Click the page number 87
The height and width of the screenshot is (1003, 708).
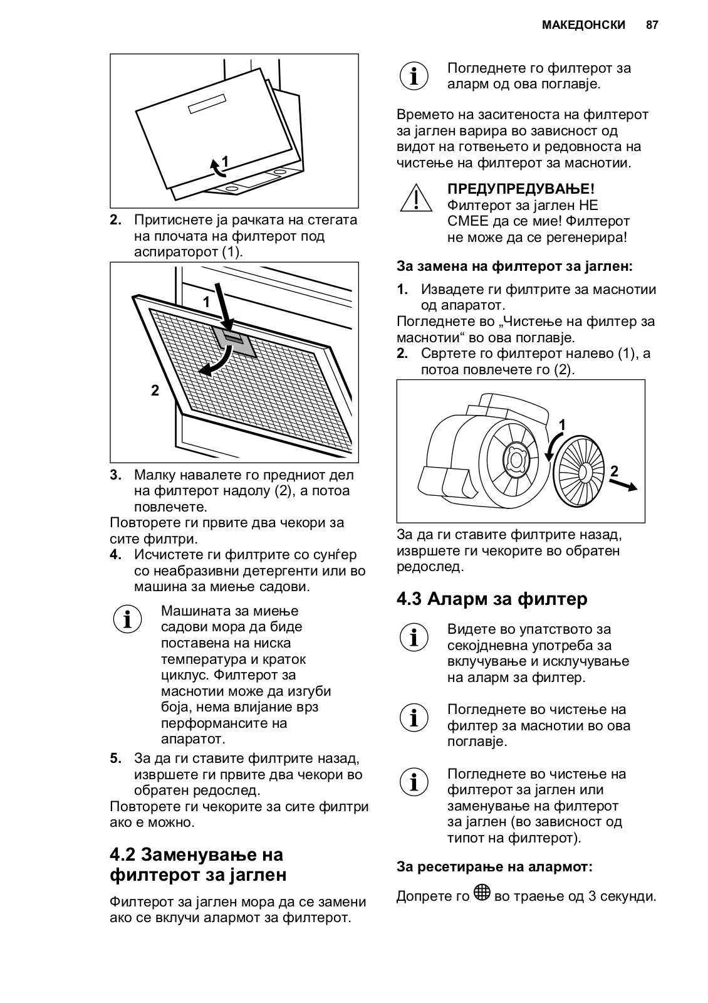pyautogui.click(x=652, y=25)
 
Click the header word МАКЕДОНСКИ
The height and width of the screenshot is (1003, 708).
pyautogui.click(x=583, y=25)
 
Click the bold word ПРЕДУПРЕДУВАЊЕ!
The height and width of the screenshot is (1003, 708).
pyautogui.click(x=521, y=189)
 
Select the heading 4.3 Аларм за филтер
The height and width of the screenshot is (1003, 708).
pyautogui.click(x=492, y=599)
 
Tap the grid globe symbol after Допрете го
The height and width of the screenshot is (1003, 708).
pyautogui.click(x=482, y=893)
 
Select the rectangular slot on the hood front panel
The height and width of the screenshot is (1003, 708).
pyautogui.click(x=206, y=104)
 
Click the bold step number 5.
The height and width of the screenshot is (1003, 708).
pyautogui.click(x=115, y=759)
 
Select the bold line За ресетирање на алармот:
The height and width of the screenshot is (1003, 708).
pyautogui.click(x=494, y=867)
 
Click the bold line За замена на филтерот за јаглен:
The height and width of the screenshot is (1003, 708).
pyautogui.click(x=514, y=266)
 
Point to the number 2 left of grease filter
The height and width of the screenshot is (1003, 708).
pyautogui.click(x=155, y=390)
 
